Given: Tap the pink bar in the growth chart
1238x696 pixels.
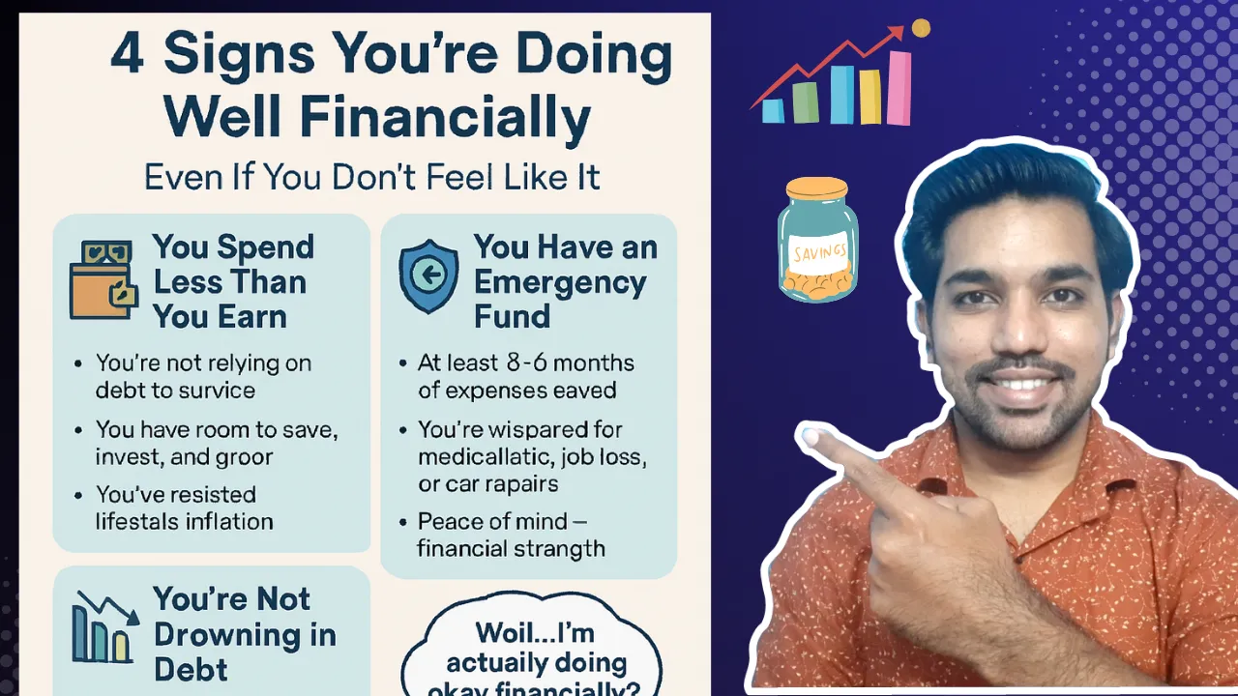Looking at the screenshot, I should pyautogui.click(x=899, y=88).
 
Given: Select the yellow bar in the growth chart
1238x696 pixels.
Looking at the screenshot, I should pyautogui.click(x=870, y=98).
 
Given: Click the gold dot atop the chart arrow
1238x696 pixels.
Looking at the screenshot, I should pyautogui.click(x=921, y=28).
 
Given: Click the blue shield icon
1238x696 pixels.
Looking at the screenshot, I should pyautogui.click(x=428, y=275).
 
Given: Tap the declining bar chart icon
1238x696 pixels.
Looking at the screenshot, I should pyautogui.click(x=102, y=627).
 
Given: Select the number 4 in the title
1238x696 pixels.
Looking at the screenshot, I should pyautogui.click(x=128, y=56).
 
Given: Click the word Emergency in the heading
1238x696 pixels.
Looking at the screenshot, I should pyautogui.click(x=560, y=282).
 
